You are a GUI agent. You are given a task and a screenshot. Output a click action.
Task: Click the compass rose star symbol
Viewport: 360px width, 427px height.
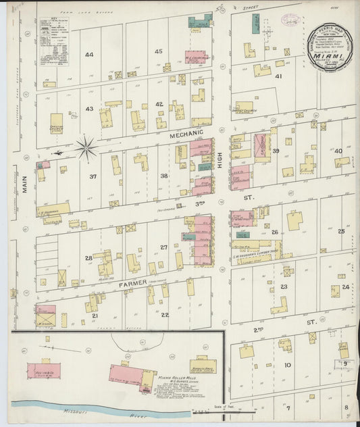(x=86, y=148)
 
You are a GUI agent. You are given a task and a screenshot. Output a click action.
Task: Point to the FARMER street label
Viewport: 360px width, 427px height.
(x=132, y=284)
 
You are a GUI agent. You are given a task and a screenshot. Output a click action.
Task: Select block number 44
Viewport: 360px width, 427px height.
(x=89, y=54)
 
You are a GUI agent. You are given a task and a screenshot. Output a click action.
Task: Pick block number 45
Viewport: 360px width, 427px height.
(x=159, y=51)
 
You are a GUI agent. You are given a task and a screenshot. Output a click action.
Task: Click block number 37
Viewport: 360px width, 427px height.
(x=93, y=177)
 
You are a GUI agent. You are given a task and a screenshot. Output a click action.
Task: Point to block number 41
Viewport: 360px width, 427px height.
(x=278, y=76)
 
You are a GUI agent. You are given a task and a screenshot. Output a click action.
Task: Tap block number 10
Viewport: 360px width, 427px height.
(x=287, y=365)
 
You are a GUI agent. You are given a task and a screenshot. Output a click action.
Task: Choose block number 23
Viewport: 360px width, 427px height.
(x=284, y=286)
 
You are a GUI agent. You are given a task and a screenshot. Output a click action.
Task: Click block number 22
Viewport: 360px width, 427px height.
(x=164, y=315)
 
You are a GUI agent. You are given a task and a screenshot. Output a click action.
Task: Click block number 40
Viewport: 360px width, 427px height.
(x=338, y=151)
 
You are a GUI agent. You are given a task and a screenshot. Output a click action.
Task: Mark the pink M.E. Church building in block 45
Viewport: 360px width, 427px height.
(x=196, y=58)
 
